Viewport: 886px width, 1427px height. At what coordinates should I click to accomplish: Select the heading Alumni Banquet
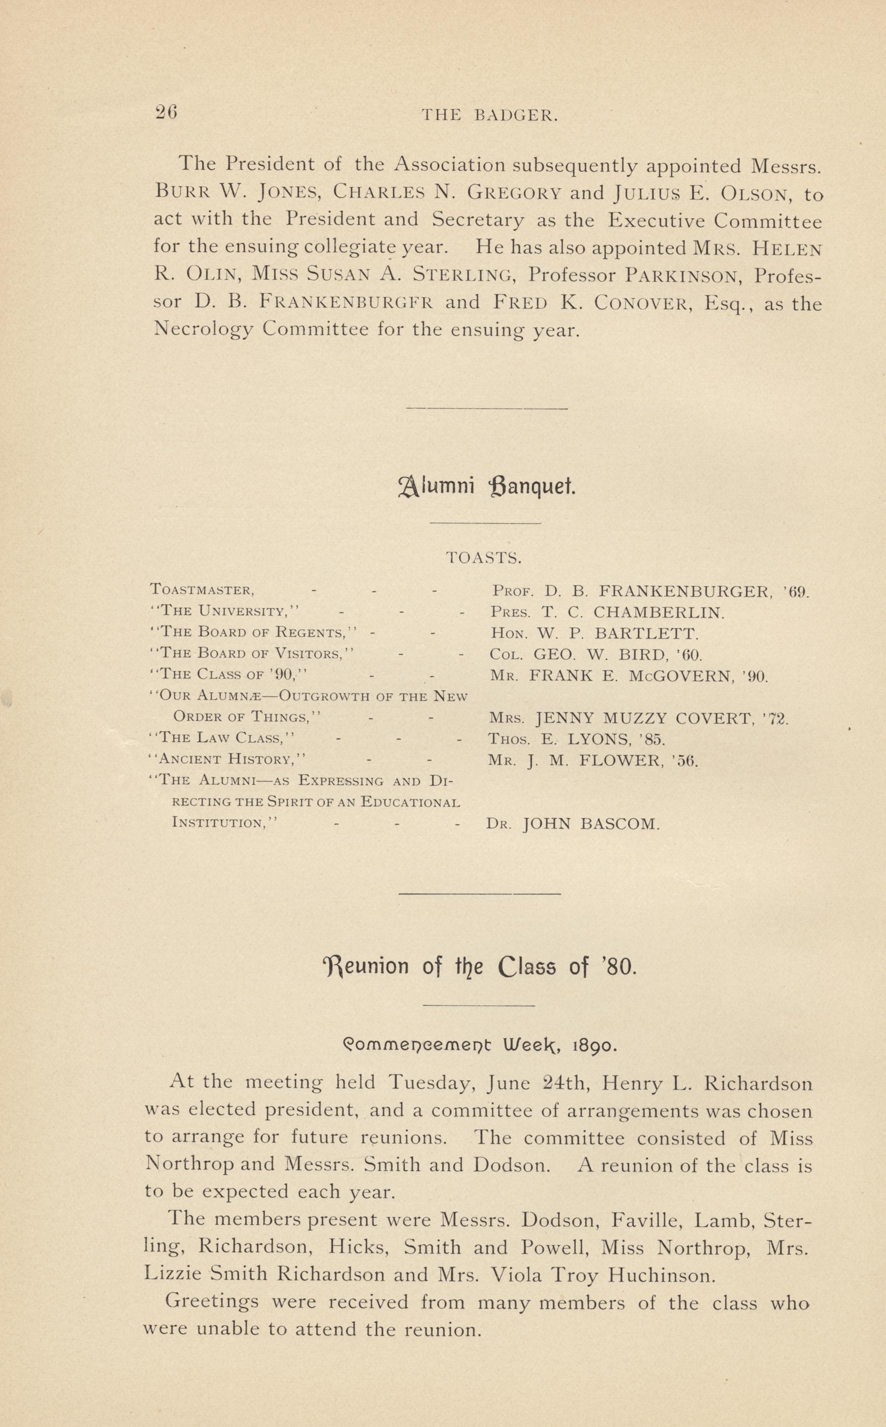486,486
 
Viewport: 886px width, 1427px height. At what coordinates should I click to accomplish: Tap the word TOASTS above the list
483,557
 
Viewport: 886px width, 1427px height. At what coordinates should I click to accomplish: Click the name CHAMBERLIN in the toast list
659,613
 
